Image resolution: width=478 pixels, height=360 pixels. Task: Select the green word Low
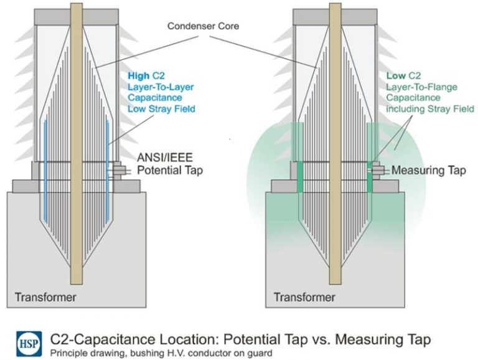coord(396,75)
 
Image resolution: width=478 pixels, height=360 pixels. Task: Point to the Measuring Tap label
coord(428,170)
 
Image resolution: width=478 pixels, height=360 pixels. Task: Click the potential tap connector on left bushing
coord(118,169)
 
